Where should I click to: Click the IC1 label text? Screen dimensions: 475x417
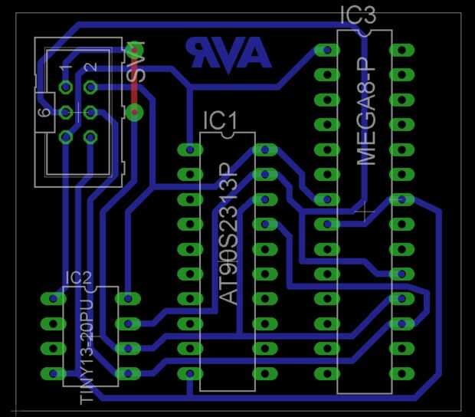coord(221,120)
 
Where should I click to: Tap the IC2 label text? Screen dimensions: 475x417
coord(79,278)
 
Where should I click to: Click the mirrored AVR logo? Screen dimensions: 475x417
coord(228,53)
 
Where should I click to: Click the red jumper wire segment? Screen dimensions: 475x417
coord(136,81)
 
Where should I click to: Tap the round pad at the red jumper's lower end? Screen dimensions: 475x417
coord(136,113)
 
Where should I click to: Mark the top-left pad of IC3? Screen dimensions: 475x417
coord(327,51)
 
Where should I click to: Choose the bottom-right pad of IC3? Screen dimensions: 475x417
coord(401,374)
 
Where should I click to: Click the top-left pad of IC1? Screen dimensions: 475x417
coord(189,149)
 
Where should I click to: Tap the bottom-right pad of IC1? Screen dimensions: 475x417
coord(264,374)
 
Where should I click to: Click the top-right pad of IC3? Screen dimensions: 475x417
coord(401,51)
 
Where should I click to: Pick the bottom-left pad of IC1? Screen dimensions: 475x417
coord(189,374)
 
